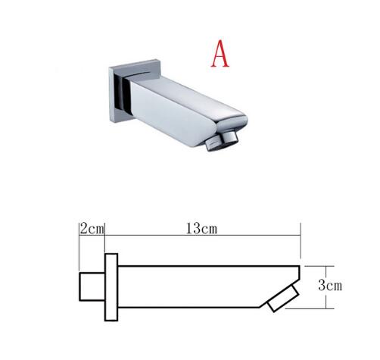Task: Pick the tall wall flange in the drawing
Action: point(111,288)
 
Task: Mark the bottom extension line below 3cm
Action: point(314,308)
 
